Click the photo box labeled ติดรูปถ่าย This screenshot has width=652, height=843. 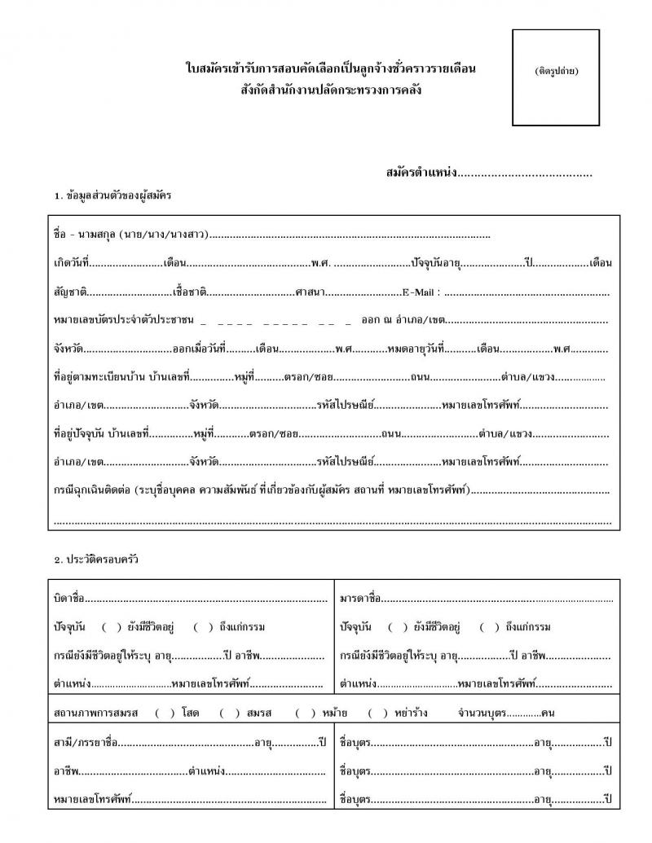(x=556, y=77)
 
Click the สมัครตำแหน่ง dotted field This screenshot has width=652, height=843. (x=526, y=173)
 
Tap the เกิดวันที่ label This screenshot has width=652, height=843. (x=72, y=263)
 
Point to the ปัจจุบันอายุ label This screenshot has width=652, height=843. (x=436, y=263)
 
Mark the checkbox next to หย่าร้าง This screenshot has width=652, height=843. (x=377, y=713)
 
